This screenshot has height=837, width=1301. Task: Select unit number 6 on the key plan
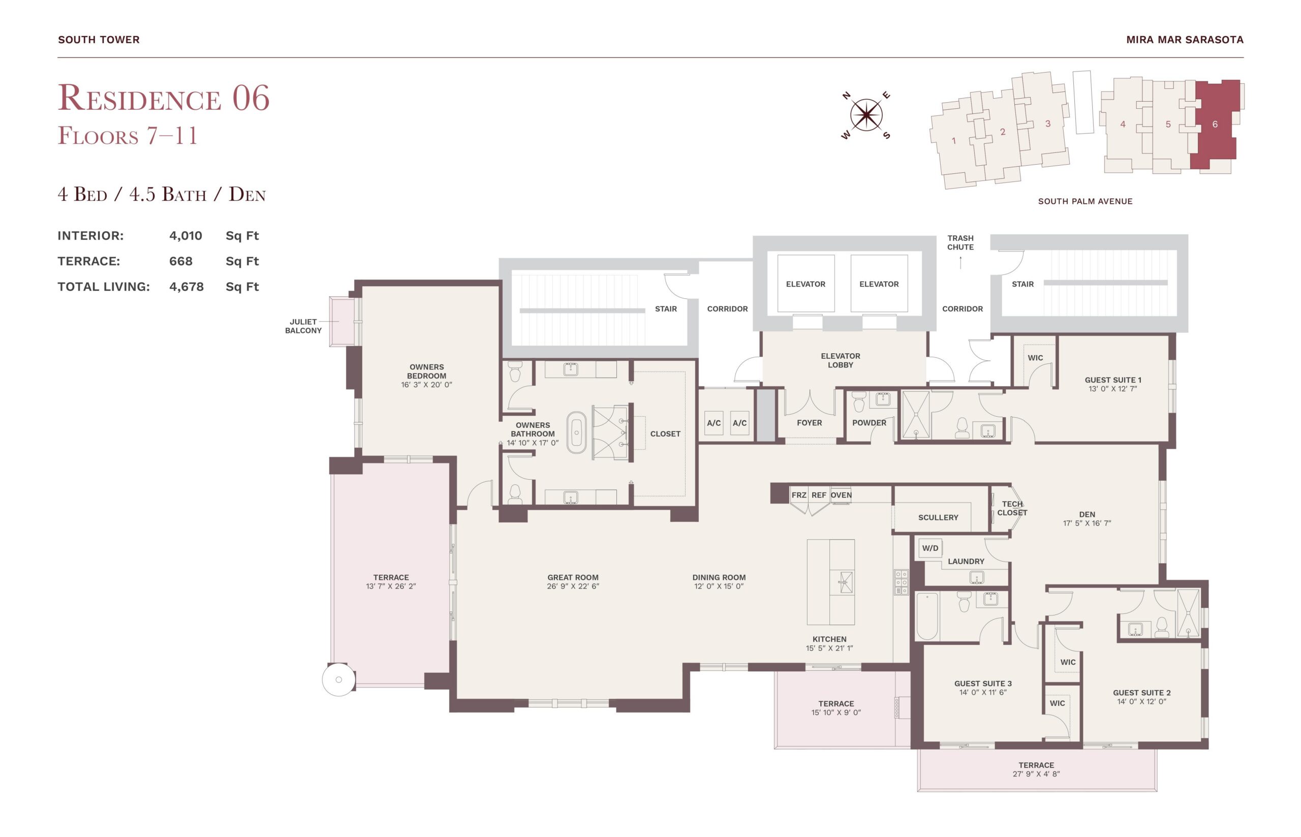click(x=1215, y=125)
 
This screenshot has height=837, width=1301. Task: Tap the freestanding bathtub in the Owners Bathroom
click(x=576, y=432)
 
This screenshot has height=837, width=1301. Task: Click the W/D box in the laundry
click(x=930, y=548)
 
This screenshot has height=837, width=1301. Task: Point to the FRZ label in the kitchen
click(x=798, y=495)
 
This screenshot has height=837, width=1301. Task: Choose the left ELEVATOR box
click(x=806, y=284)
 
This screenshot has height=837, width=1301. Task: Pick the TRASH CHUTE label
click(x=961, y=242)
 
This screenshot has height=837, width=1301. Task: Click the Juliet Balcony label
click(x=303, y=326)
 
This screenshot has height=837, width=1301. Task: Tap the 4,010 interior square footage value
click(x=185, y=235)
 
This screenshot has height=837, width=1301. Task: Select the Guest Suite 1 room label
click(x=1113, y=380)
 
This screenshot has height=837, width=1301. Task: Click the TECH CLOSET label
click(x=1012, y=508)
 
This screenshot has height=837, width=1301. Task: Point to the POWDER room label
click(x=869, y=423)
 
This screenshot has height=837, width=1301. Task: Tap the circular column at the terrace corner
click(x=338, y=679)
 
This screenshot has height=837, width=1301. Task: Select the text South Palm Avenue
click(x=1085, y=201)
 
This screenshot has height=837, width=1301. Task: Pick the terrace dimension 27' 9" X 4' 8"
click(x=1036, y=773)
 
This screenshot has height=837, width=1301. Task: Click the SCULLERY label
click(x=938, y=517)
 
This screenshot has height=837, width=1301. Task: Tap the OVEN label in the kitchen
click(x=841, y=495)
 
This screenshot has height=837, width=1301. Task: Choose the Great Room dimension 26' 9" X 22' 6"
click(x=573, y=586)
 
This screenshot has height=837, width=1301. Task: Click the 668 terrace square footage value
click(x=180, y=261)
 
